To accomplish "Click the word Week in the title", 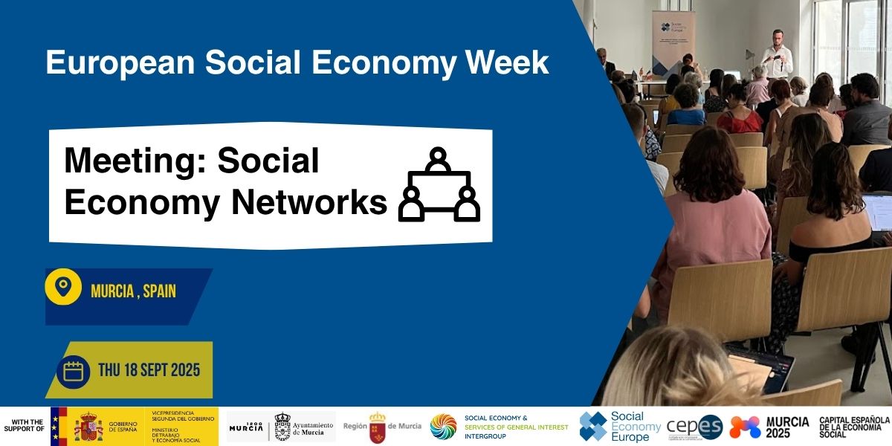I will pyautogui.click(x=507, y=63).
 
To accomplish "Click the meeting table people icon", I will pyautogui.click(x=439, y=186).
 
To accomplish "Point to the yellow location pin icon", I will pyautogui.click(x=63, y=287).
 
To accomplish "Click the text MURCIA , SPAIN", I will pyautogui.click(x=134, y=291).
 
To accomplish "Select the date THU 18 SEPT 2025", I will pyautogui.click(x=149, y=370).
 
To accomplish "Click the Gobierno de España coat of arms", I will pyautogui.click(x=88, y=427).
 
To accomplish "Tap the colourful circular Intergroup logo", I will pyautogui.click(x=443, y=427).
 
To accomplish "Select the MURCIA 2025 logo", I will pyautogui.click(x=769, y=427).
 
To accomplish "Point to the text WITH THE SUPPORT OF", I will pyautogui.click(x=24, y=426).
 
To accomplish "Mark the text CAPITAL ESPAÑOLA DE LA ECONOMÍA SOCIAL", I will pyautogui.click(x=853, y=427).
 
